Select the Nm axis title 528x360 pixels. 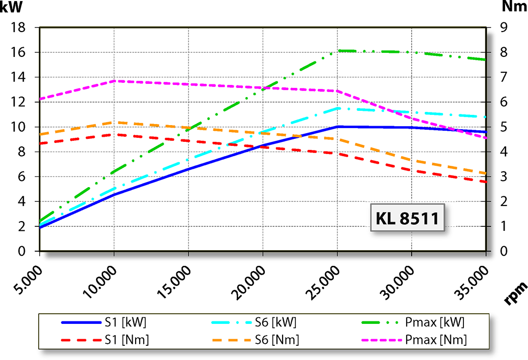pos(514,7)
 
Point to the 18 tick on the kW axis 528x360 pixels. pos(19,28)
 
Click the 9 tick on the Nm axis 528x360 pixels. pos(504,28)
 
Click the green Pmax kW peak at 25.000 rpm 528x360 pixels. pos(338,51)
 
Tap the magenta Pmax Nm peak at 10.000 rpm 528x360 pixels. pos(114,81)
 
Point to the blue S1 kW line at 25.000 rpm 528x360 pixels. pos(338,127)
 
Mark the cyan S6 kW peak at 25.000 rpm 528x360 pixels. pos(338,108)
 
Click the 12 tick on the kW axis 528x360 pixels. pos(19,102)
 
